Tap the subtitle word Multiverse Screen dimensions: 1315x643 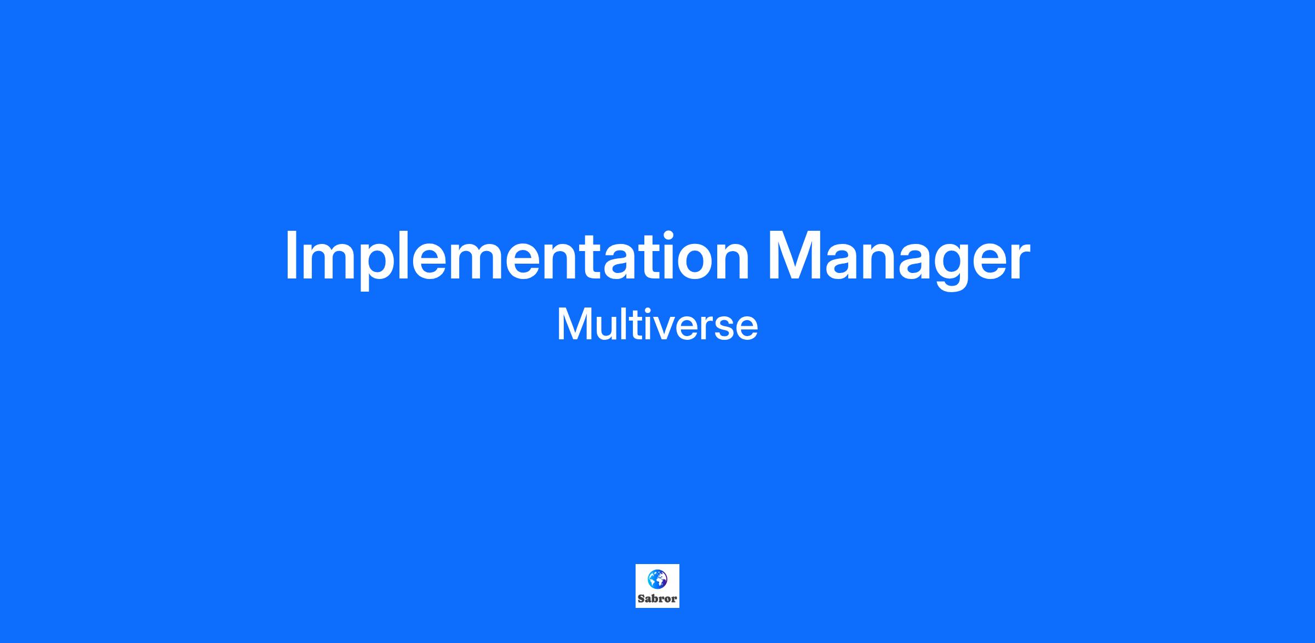(658, 325)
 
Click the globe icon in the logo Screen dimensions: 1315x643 (658, 578)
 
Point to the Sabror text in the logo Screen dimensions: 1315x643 (658, 599)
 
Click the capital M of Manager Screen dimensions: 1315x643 (794, 255)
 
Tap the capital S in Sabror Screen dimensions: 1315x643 (641, 599)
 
